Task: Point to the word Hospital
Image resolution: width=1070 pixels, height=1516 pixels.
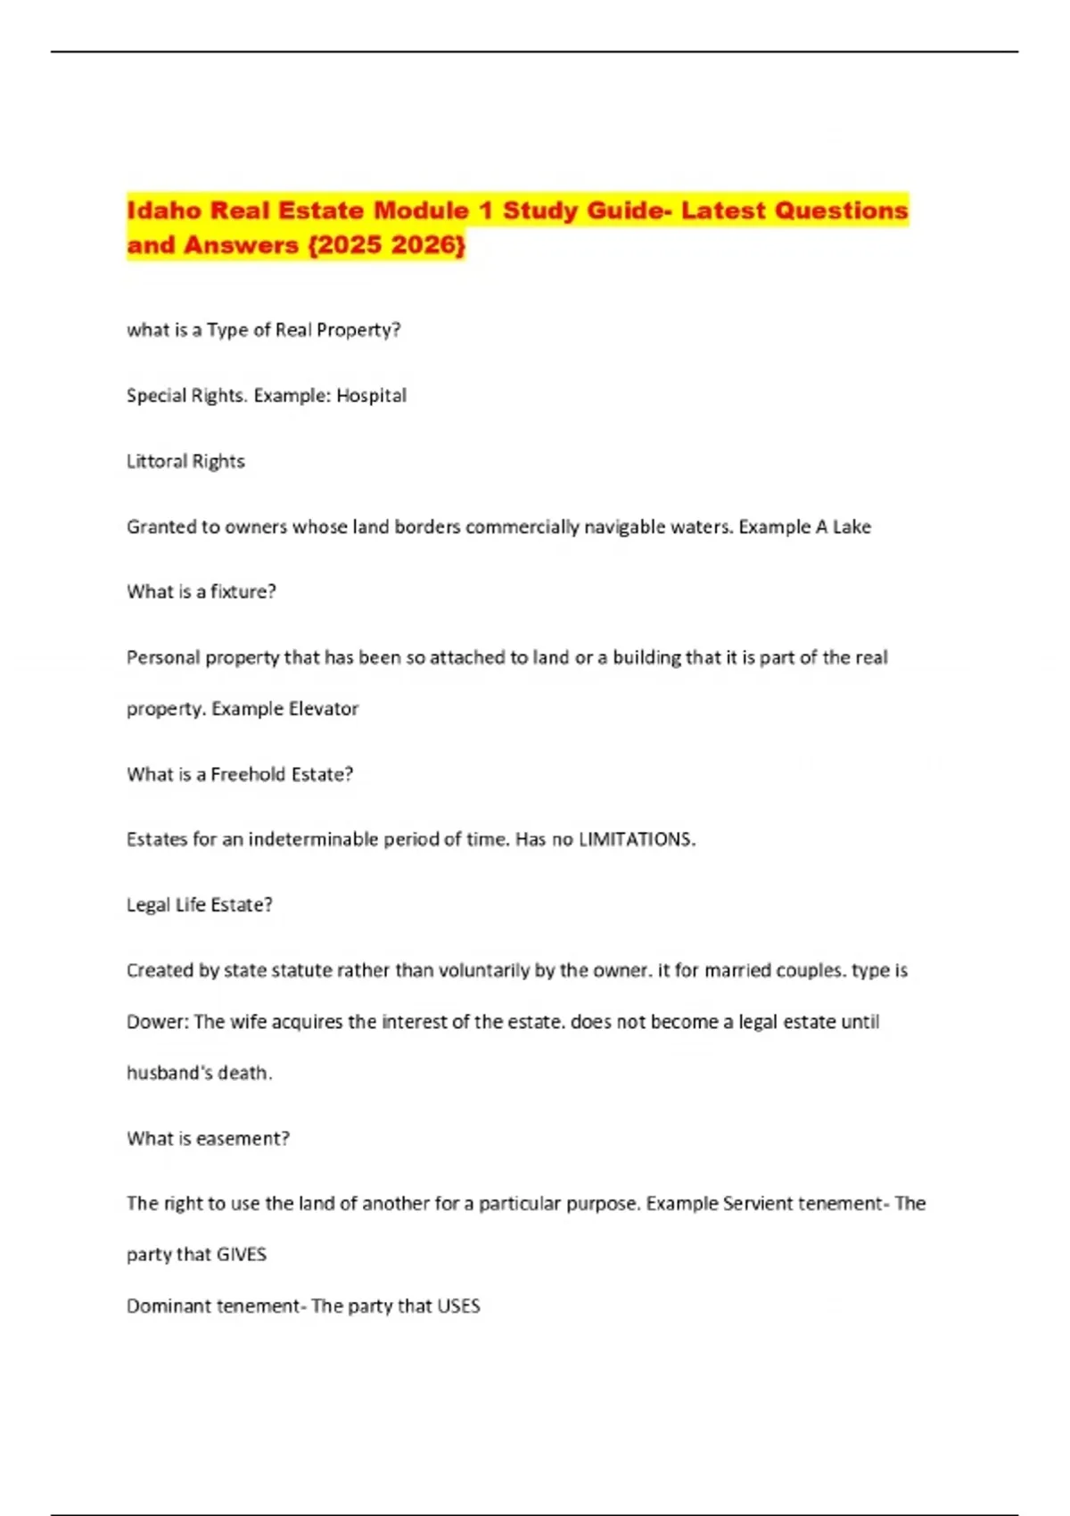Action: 371,395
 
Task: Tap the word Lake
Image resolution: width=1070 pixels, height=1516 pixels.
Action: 852,527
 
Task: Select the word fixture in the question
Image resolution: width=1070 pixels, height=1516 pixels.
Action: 243,591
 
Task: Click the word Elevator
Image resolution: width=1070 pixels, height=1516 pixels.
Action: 323,709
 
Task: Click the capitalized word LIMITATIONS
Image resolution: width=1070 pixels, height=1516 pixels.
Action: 637,839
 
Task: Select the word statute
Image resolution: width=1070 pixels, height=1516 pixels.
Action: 300,970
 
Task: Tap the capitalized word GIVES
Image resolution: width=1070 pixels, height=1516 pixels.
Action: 242,1255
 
